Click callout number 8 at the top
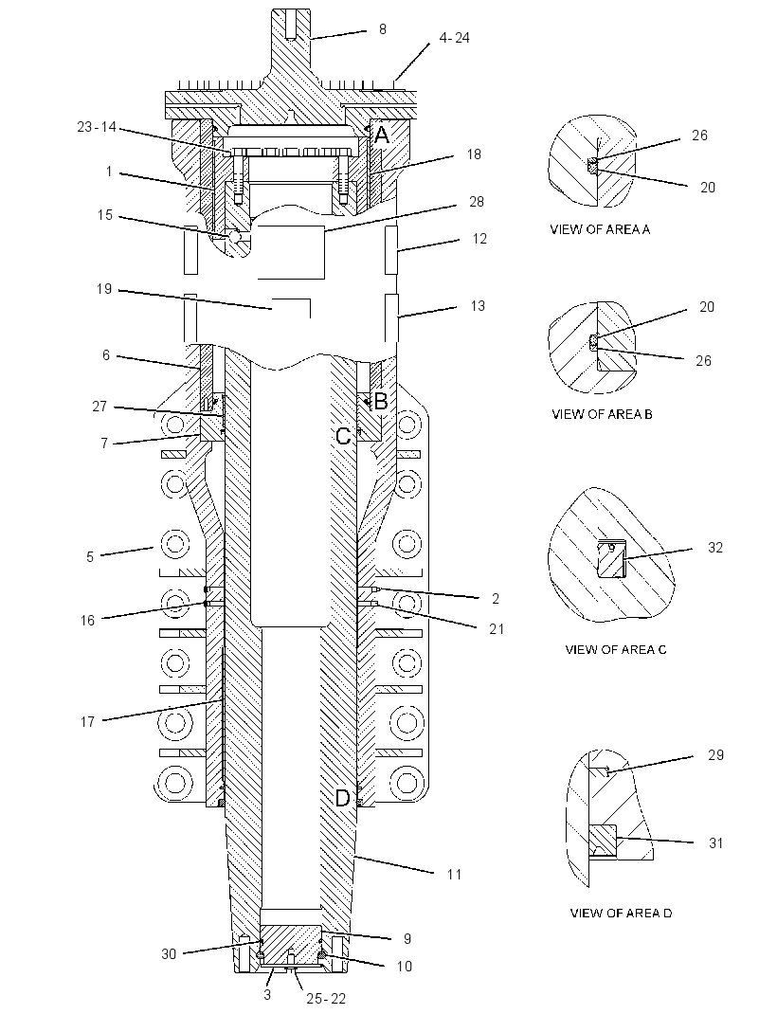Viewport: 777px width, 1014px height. tap(383, 29)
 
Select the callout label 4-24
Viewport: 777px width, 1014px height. tap(455, 38)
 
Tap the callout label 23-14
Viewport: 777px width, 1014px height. tap(97, 127)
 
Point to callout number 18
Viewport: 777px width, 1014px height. tap(475, 154)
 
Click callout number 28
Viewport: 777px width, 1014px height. tap(477, 202)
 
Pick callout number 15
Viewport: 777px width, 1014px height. tap(105, 215)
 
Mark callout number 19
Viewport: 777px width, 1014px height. tap(105, 289)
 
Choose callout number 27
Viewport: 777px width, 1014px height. tap(99, 407)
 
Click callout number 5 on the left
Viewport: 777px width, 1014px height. tap(90, 557)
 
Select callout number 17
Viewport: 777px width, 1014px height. tap(88, 722)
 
